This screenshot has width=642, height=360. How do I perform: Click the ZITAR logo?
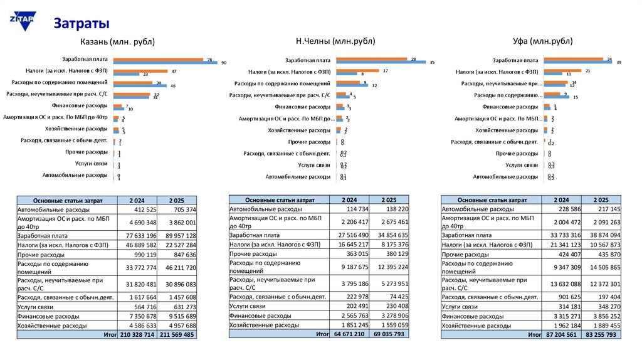point(21,19)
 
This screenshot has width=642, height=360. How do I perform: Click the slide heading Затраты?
point(82,23)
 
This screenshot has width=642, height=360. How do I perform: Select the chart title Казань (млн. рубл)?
point(117,42)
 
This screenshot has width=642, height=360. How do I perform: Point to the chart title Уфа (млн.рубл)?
point(542,41)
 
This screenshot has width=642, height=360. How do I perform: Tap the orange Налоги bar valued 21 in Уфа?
point(562,71)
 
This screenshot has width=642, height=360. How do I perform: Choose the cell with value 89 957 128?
point(179,235)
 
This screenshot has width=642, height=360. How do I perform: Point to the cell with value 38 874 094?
point(602,235)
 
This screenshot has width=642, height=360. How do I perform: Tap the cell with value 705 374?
point(179,209)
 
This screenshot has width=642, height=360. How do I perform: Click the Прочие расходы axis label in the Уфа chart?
point(517,153)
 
